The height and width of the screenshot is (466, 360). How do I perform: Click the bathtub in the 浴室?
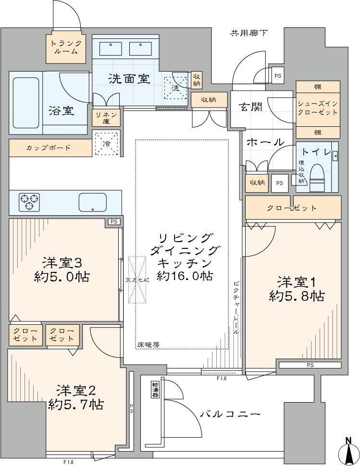point(26,103)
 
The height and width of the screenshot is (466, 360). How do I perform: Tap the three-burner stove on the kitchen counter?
point(29,201)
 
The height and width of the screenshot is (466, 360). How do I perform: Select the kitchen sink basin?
point(92,202)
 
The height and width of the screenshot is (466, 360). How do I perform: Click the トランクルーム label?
point(66,47)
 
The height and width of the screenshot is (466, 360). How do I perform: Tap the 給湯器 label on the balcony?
point(155,390)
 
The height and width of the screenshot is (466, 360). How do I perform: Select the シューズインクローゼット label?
point(318,108)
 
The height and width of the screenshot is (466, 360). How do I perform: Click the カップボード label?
point(48,147)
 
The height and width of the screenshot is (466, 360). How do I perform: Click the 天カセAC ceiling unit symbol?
point(137,280)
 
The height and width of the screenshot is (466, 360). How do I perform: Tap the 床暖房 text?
point(149,345)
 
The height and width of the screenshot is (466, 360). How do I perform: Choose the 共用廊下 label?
point(249,33)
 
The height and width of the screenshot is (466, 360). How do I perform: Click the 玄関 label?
point(251,107)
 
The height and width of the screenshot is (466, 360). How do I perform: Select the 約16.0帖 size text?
point(186,276)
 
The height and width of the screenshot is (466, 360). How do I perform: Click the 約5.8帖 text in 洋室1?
point(297,296)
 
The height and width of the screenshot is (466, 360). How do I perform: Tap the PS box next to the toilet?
point(279,183)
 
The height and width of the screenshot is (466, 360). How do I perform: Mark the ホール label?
point(265,142)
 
